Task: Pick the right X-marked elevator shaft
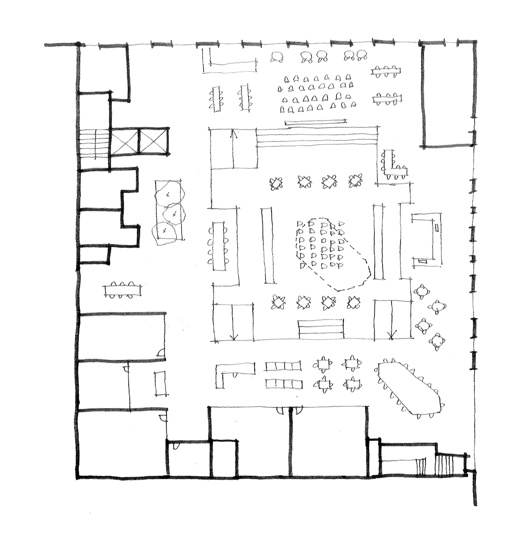(153, 141)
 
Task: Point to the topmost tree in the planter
(169, 194)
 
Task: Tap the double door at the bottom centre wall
(290, 410)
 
